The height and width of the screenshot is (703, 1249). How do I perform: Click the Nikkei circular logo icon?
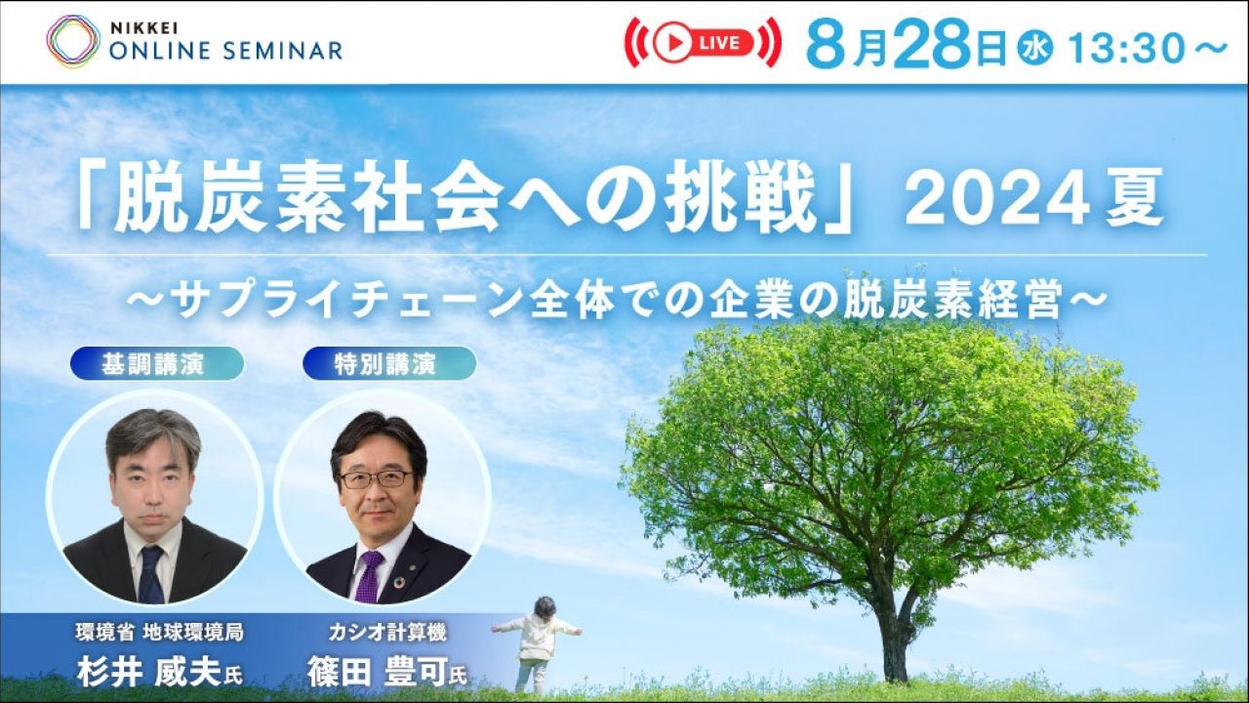[73, 42]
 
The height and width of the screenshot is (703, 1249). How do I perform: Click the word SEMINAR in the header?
[283, 51]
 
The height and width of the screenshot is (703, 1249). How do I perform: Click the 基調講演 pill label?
[157, 364]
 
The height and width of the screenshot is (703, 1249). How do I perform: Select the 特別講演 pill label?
[388, 364]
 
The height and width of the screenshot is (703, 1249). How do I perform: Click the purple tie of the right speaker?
[369, 577]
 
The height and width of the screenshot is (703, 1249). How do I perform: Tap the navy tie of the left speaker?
[151, 575]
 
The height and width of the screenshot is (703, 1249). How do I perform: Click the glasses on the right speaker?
[376, 478]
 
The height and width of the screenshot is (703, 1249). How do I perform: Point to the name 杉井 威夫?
[149, 673]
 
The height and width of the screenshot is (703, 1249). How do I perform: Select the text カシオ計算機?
[387, 633]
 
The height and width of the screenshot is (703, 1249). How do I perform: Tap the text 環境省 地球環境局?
[159, 633]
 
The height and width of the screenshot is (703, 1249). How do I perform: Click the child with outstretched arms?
[537, 643]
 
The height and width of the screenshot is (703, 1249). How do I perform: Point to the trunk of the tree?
[896, 631]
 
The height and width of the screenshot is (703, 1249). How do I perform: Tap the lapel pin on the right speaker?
[412, 568]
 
